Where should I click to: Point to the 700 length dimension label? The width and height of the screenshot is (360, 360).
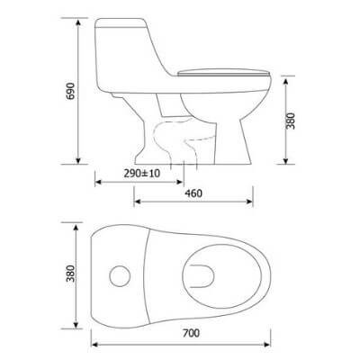point(188,332)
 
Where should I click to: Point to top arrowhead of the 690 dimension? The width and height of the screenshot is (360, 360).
point(79,19)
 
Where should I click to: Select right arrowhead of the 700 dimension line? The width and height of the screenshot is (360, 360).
point(274,342)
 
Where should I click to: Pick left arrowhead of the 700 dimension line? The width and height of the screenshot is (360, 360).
point(93,342)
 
